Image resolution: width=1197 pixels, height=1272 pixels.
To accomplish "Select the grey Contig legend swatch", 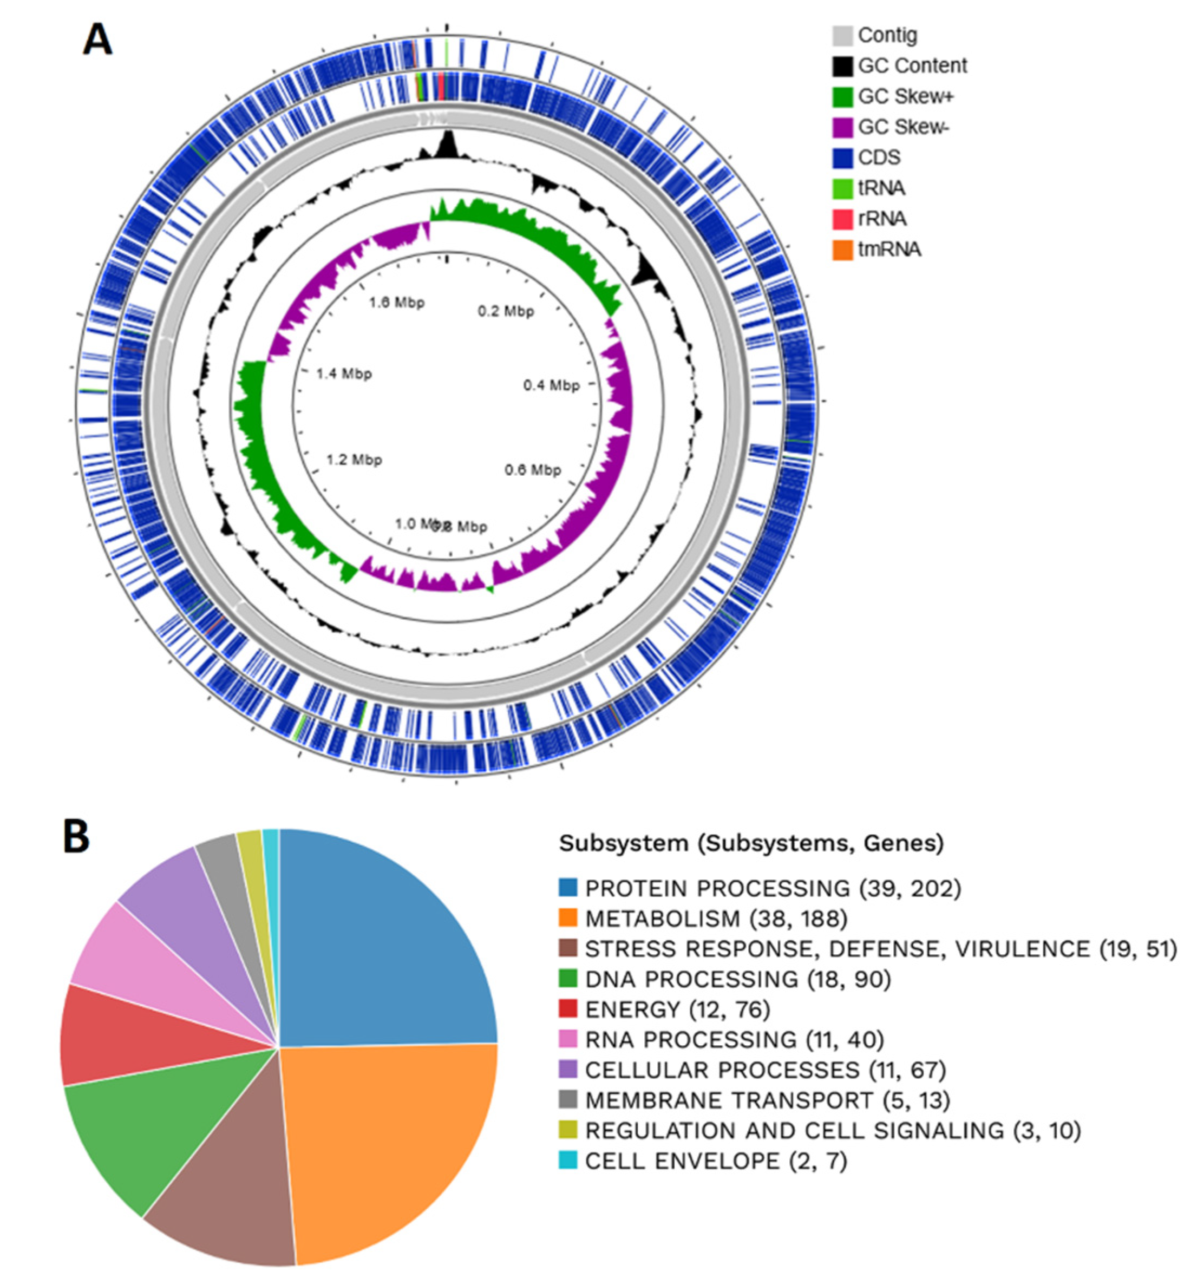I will click(x=842, y=35).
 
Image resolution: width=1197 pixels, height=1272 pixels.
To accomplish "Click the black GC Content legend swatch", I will click(x=842, y=66).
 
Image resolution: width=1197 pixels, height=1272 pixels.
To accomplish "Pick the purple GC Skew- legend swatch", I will click(x=842, y=127).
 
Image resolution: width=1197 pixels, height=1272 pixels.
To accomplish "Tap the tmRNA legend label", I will click(x=889, y=250).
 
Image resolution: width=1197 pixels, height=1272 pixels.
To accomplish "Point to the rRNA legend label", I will click(x=882, y=219).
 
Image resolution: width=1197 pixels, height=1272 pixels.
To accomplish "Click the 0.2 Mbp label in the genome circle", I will click(x=506, y=312).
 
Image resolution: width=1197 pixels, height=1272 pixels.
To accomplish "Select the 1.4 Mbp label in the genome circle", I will click(x=344, y=373).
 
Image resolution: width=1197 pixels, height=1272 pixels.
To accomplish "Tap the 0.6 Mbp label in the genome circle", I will click(x=533, y=470).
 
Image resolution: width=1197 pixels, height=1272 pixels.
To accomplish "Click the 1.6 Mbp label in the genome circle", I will click(x=397, y=302).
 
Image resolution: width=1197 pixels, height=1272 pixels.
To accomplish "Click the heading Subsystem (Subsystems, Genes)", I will click(x=751, y=843).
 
